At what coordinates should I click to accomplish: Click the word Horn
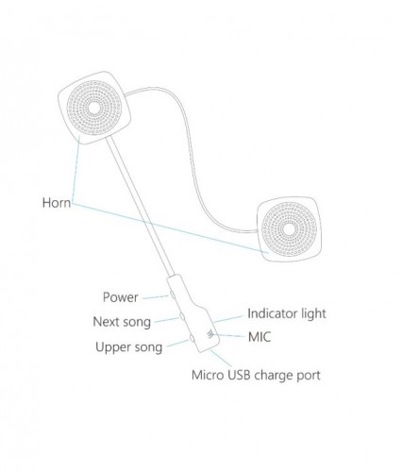click(57, 203)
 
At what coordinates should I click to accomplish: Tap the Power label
click(121, 297)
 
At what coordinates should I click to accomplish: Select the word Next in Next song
click(106, 322)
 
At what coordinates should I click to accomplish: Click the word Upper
click(113, 347)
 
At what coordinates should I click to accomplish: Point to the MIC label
click(260, 337)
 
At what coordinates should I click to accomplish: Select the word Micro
click(208, 375)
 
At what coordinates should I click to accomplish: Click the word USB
click(240, 375)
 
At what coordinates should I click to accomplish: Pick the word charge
click(274, 376)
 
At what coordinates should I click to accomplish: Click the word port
click(309, 376)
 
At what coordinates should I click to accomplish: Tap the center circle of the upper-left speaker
click(93, 108)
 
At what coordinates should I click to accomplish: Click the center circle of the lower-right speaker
click(289, 229)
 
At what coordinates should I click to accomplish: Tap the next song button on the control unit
click(182, 315)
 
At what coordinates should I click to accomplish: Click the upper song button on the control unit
click(193, 338)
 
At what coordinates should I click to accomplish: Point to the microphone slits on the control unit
click(210, 334)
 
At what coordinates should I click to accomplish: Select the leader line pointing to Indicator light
click(227, 319)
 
